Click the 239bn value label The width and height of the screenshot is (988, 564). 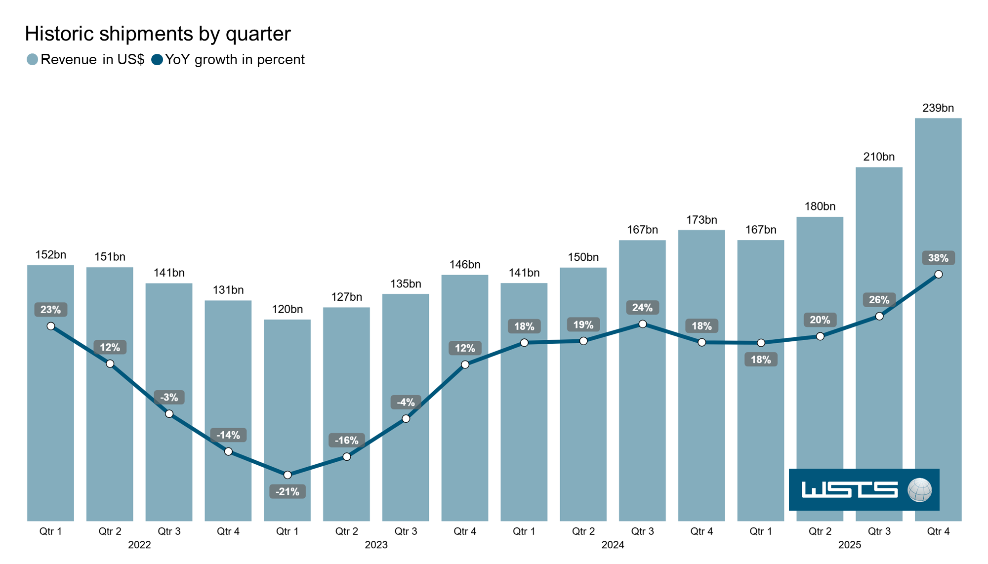point(938,108)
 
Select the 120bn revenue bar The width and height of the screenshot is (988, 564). point(287,395)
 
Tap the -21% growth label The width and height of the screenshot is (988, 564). point(287,491)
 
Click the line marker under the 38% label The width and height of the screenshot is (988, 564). point(938,274)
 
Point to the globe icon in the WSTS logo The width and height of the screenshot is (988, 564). point(919,490)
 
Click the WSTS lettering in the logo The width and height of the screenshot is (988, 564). point(849,490)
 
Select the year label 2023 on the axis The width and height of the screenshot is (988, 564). point(376,545)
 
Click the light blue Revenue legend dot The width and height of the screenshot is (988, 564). point(32,60)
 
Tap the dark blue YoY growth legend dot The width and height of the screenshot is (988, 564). point(157,60)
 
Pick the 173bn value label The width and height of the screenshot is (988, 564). point(701,220)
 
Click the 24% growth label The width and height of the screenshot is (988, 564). point(642,308)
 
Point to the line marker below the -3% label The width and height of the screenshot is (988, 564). point(169,414)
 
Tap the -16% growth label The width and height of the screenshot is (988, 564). point(346,440)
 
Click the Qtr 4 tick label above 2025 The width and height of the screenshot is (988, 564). point(938,531)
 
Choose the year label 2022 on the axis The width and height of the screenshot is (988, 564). point(139,545)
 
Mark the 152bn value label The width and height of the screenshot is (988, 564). point(50,255)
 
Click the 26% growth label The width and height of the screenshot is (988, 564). point(879,300)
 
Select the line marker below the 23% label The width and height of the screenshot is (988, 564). point(51,326)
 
